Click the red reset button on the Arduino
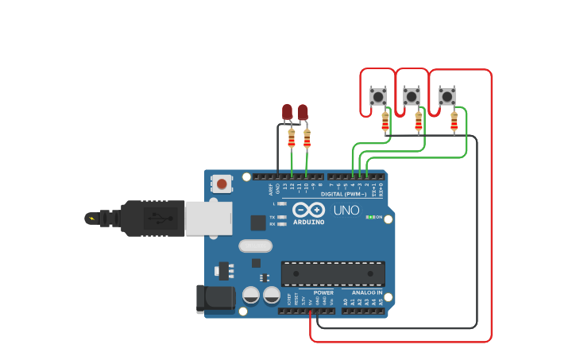click(x=222, y=184)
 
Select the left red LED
click(x=288, y=112)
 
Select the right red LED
click(x=303, y=112)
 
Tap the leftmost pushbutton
click(x=378, y=97)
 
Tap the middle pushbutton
click(x=412, y=97)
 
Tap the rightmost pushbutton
click(x=447, y=97)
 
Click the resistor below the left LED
click(x=292, y=139)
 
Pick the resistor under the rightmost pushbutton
click(x=454, y=121)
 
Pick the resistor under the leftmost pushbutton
click(x=385, y=121)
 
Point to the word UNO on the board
click(x=346, y=211)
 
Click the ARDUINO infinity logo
click(x=308, y=210)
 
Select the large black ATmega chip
click(x=333, y=273)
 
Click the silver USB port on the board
click(x=208, y=218)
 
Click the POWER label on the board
click(x=323, y=292)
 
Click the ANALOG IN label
click(x=367, y=292)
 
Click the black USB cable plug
click(x=151, y=218)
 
